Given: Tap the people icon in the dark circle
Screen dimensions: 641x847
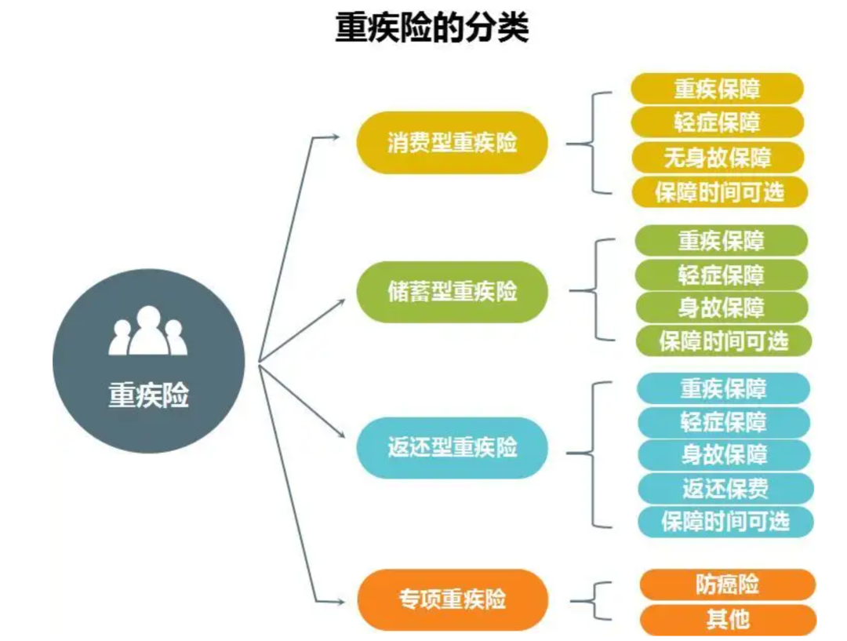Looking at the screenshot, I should pos(148,331).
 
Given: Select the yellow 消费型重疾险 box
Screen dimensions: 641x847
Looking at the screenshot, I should pos(453,143).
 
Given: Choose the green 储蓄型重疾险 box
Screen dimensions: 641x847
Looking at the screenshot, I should pos(453,292).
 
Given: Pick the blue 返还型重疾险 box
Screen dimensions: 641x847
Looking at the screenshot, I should pos(453,448).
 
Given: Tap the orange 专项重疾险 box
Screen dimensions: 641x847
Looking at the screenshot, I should pos(453,600).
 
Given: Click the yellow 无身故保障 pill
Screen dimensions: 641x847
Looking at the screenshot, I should pos(718,158).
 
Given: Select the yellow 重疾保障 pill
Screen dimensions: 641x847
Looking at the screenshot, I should pos(718,89).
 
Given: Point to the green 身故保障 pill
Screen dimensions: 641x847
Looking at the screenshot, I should pos(722,308).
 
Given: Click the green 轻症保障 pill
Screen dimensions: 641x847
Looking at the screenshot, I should pos(722,275).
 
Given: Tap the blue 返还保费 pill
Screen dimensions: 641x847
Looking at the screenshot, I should pos(724,489).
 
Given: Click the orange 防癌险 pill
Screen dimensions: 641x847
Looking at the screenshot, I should pos(727,585).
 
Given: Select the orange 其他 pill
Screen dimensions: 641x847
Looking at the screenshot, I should pos(727,620).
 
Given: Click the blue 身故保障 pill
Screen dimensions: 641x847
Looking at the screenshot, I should pos(724,455).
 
